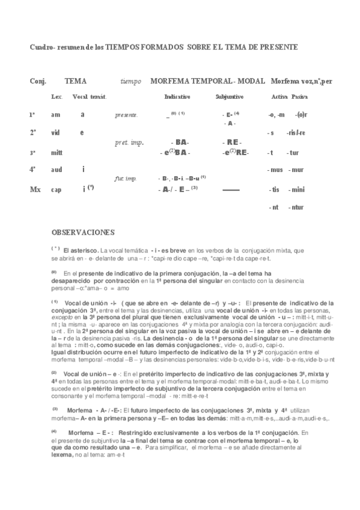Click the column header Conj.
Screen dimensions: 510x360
[x=38, y=81]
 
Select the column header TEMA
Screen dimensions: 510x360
[x=75, y=81]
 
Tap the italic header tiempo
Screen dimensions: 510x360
[x=130, y=81]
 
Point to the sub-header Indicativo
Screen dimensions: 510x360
[x=177, y=97]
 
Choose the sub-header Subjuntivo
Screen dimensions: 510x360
[x=229, y=97]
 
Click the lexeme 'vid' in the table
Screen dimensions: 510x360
[x=56, y=132]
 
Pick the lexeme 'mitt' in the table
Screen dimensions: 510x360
[x=56, y=152]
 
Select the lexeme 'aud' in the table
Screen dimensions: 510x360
[x=56, y=170]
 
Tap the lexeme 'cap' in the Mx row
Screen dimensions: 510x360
[x=56, y=189]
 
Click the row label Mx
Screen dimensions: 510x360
[x=35, y=189]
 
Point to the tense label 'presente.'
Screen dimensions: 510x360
[x=126, y=115]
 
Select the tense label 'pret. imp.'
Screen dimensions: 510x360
[x=126, y=143]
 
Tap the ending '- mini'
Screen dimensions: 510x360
[x=296, y=189]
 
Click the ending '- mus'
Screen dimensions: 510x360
[x=276, y=170]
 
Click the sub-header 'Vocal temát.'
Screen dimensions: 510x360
[x=89, y=97]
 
